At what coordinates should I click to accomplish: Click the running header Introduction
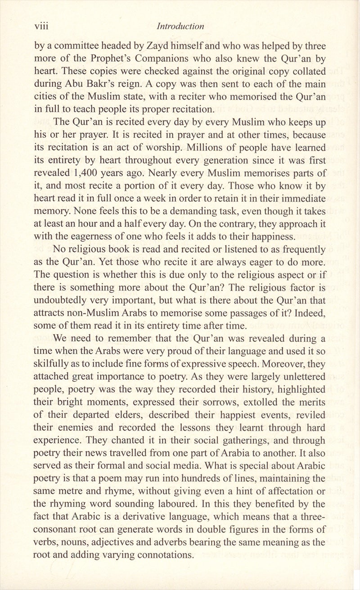point(180,26)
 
